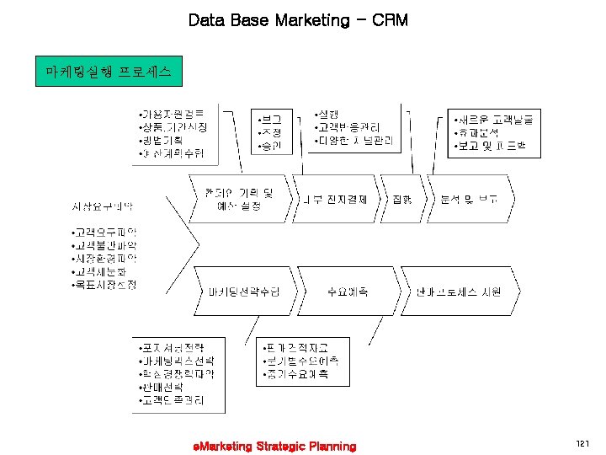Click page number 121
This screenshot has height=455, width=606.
[582, 444]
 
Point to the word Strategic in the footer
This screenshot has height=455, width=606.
[276, 446]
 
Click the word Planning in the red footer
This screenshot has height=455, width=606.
[332, 446]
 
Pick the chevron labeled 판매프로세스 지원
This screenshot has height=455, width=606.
[459, 292]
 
